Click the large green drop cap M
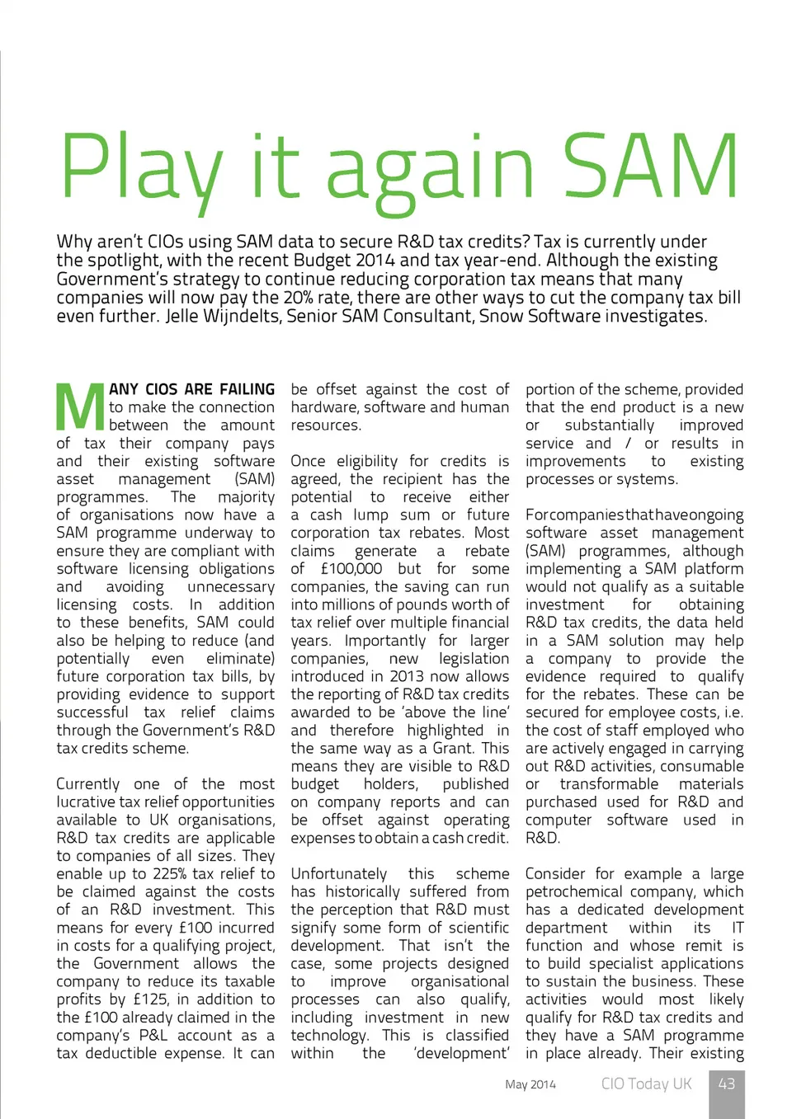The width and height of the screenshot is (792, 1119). coord(80,407)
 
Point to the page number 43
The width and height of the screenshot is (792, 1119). coord(726,1084)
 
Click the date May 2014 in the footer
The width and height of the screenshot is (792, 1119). coord(530,1084)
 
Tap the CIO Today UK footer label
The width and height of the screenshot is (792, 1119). coord(646,1084)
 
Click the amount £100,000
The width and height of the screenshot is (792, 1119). coord(351,568)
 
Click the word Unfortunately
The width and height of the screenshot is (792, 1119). coord(338,873)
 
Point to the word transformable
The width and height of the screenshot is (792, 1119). coord(609,783)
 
